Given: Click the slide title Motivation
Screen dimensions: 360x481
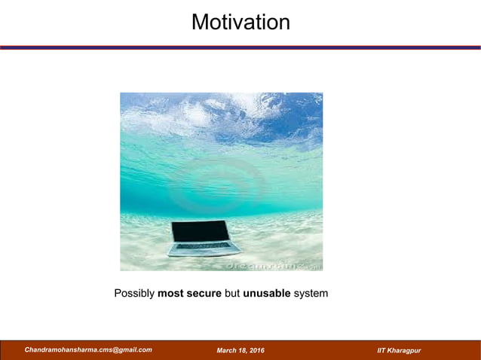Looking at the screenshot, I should (x=240, y=22).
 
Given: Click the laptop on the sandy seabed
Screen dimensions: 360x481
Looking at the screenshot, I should (x=202, y=238).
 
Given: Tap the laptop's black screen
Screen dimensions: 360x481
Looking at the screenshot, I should (x=200, y=230).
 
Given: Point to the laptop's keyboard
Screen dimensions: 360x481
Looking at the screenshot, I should (x=204, y=246).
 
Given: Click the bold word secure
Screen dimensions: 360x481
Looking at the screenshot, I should (x=204, y=293).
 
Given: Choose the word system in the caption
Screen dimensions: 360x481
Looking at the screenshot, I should (x=311, y=293).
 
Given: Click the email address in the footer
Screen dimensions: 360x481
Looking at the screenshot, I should (x=88, y=350).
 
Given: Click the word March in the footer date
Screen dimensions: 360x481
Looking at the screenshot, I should (x=228, y=351).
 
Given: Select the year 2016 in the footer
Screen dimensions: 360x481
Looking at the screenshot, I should (x=256, y=351).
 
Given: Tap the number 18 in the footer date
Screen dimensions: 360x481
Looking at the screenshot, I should (x=243, y=351).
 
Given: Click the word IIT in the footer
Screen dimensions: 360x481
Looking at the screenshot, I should (x=382, y=351).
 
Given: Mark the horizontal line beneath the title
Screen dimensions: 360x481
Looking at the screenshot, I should (x=240, y=47).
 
